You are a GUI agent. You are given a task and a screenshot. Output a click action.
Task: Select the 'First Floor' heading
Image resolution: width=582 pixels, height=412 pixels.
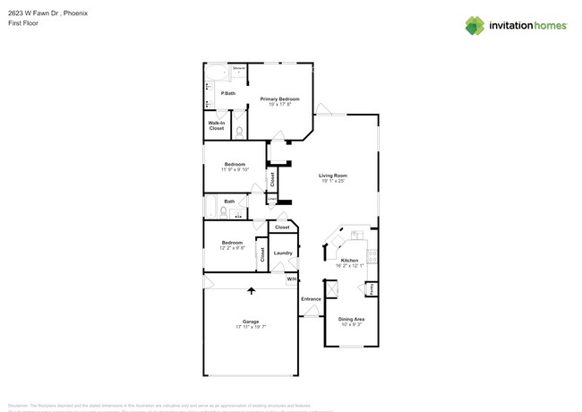pyautogui.click(x=20, y=23)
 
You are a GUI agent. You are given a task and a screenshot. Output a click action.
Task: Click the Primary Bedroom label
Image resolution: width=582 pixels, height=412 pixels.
pyautogui.click(x=279, y=99)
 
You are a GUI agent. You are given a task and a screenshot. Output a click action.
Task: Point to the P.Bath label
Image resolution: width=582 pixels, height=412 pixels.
pyautogui.click(x=228, y=93)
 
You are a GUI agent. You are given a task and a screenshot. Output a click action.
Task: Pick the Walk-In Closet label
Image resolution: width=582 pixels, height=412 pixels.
pyautogui.click(x=217, y=125)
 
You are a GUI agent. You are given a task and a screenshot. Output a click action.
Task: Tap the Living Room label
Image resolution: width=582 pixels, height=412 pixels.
pyautogui.click(x=333, y=176)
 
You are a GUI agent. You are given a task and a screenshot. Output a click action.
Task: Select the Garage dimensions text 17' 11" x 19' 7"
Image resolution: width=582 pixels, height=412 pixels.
pyautogui.click(x=251, y=327)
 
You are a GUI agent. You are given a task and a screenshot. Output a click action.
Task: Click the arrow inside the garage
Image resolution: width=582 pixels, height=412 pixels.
pyautogui.click(x=251, y=291)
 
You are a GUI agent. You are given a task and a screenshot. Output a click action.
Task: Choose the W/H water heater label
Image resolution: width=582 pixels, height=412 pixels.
pyautogui.click(x=291, y=280)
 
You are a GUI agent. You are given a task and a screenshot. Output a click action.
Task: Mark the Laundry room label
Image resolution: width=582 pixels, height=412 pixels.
pyautogui.click(x=283, y=253)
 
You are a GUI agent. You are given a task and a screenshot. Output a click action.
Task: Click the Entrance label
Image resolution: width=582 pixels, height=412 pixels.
pyautogui.click(x=311, y=298)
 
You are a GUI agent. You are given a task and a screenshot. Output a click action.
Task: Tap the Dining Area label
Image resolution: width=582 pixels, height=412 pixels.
pyautogui.click(x=351, y=319)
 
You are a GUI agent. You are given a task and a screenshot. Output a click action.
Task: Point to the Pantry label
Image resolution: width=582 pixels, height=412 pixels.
pyautogui.click(x=372, y=288)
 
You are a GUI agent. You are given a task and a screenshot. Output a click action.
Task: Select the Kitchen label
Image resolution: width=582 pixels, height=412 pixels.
pyautogui.click(x=349, y=261)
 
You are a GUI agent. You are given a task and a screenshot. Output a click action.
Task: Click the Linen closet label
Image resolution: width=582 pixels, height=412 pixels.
pyautogui.click(x=272, y=199)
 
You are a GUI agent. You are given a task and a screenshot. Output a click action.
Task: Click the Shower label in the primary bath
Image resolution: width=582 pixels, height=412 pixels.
pyautogui.click(x=239, y=69)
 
